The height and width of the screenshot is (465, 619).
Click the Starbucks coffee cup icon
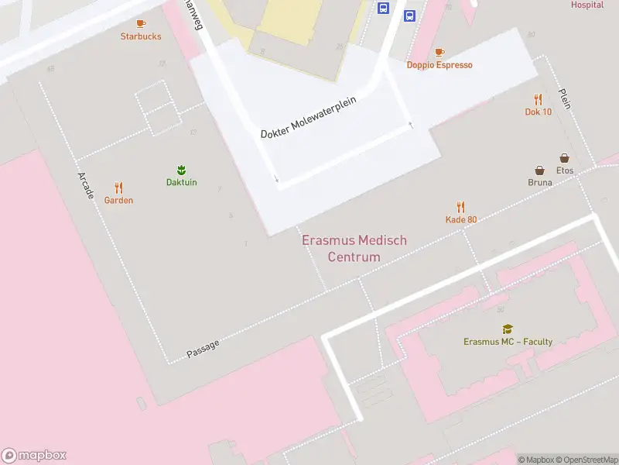coord(141,24)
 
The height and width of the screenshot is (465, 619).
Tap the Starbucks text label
coord(141,36)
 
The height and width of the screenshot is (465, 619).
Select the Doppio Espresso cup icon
coord(439,53)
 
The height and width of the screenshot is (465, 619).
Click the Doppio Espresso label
coord(439,65)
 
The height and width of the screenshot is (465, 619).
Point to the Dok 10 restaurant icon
coord(538,99)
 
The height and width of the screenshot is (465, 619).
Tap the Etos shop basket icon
coord(565,158)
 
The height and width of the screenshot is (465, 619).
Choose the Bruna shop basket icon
coord(539,170)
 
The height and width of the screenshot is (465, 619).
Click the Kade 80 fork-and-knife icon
coord(461,207)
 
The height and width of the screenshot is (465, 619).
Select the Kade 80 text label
coord(461,219)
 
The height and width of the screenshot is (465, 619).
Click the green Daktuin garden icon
coord(182,170)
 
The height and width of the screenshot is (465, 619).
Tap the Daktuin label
coord(182,182)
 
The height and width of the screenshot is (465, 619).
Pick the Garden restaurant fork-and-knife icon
coord(118,188)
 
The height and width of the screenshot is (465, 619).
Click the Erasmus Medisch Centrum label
coord(354,249)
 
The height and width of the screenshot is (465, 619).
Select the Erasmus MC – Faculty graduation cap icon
coord(508,329)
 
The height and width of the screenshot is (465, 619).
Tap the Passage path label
coord(203,350)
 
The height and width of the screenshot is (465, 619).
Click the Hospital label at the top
coord(587,5)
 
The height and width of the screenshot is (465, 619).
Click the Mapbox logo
coord(34,456)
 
